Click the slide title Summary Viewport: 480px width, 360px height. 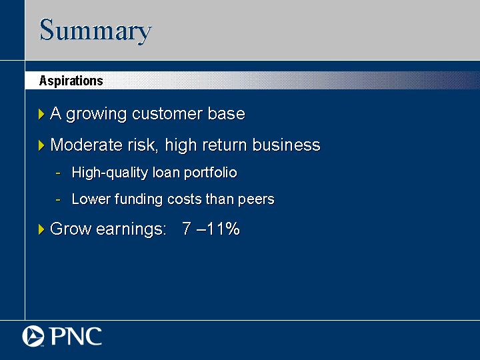click(95, 30)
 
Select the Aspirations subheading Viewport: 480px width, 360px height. click(71, 81)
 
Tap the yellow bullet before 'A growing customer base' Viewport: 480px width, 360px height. click(41, 114)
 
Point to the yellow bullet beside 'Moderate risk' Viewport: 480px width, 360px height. click(41, 145)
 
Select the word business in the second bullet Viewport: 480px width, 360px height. click(286, 145)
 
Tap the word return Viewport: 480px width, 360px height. click(225, 145)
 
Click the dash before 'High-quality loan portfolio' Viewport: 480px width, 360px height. click(58, 173)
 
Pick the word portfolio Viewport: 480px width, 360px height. click(210, 173)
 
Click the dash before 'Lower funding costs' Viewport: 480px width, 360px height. click(58, 200)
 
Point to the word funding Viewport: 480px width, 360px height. click(139, 199)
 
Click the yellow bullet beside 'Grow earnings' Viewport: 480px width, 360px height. click(41, 229)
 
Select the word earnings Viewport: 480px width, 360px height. click(131, 229)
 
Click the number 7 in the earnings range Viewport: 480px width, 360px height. click(187, 229)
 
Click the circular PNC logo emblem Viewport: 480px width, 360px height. click(33, 336)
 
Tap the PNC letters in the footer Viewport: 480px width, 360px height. click(75, 336)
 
